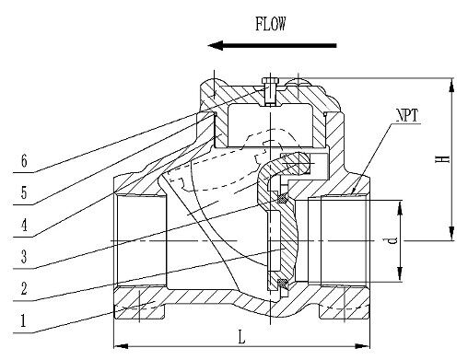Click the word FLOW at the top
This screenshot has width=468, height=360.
271,24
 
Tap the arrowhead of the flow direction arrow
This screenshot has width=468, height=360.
216,45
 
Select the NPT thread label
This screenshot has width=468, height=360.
407,116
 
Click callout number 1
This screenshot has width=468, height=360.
23,321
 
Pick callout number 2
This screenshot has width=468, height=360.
24,288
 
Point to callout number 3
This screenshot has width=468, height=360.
24,256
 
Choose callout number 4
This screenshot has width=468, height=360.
24,225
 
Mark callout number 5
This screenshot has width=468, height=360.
24,192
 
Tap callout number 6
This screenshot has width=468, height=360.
24,160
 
